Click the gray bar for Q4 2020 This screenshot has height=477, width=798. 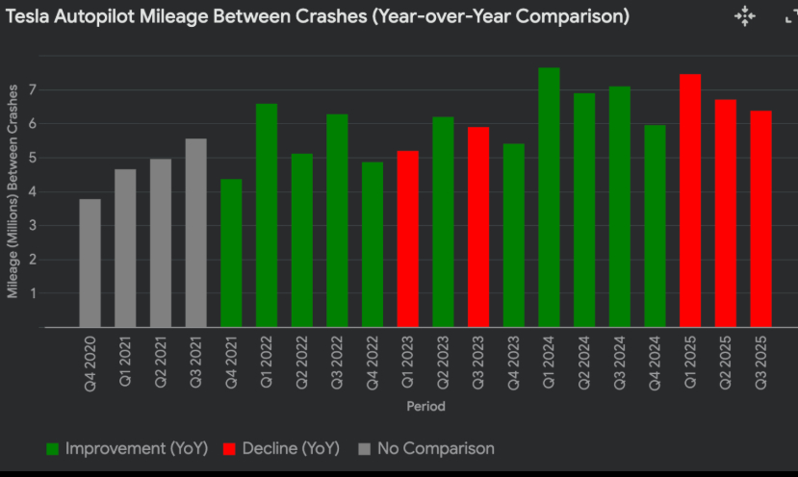pyautogui.click(x=90, y=263)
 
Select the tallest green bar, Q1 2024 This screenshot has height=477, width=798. pyautogui.click(x=549, y=197)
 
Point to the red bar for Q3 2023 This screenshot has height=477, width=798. pyautogui.click(x=478, y=227)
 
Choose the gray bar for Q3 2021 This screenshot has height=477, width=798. pyautogui.click(x=195, y=233)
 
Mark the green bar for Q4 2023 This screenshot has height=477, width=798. pyautogui.click(x=513, y=235)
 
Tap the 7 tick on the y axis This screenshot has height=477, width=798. pyautogui.click(x=32, y=89)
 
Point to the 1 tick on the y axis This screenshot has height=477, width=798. pyautogui.click(x=32, y=293)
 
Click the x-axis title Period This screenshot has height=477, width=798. pyautogui.click(x=425, y=407)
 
